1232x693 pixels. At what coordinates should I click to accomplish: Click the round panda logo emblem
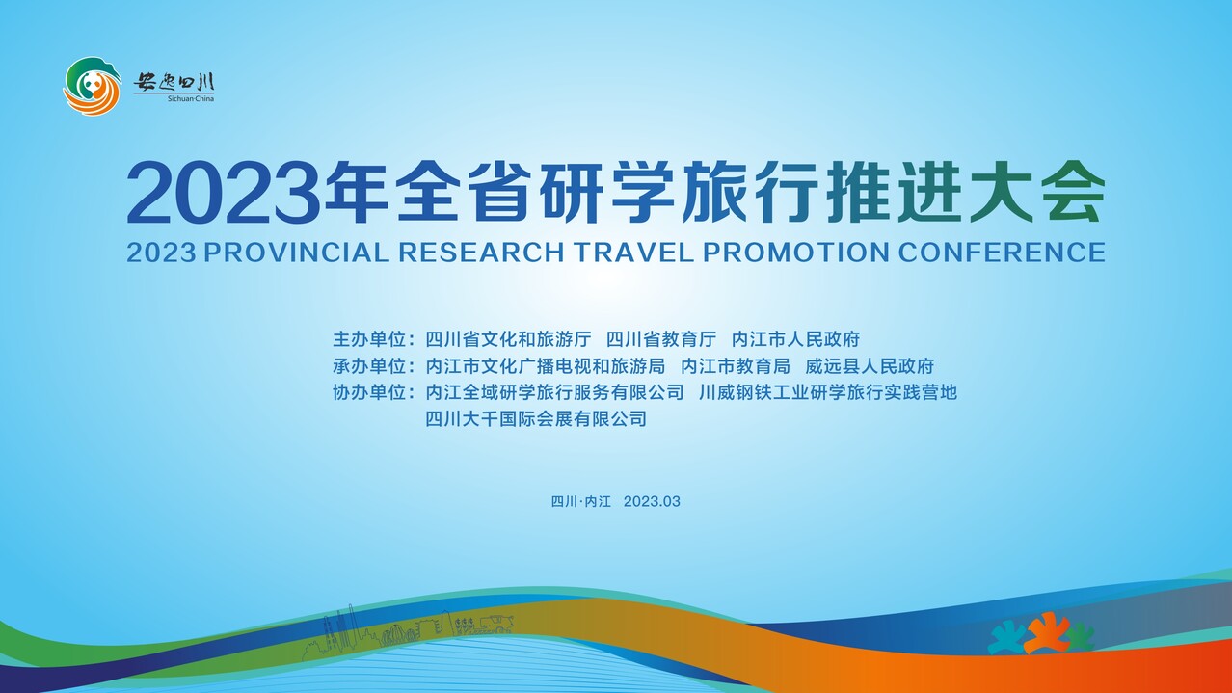[x=92, y=86]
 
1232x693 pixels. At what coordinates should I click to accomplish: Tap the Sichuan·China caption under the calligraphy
[x=191, y=99]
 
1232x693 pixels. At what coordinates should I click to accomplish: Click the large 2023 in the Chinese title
[x=224, y=192]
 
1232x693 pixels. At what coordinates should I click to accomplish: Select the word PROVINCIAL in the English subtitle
[x=297, y=253]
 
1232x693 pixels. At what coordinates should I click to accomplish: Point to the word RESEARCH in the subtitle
[x=481, y=253]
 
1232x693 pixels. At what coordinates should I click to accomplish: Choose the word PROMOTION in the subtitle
[x=796, y=253]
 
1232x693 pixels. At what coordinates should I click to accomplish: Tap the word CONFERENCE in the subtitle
[x=1002, y=253]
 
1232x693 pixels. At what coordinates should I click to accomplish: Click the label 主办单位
[x=369, y=339]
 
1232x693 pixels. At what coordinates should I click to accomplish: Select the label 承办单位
[x=369, y=365]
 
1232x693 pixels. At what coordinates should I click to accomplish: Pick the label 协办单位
[x=369, y=392]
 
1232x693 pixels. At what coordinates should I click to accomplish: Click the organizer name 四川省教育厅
[x=661, y=339]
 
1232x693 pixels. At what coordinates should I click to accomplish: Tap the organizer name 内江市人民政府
[x=795, y=339]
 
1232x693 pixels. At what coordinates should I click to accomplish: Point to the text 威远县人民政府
[x=870, y=365]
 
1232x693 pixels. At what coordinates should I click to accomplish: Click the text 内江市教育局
[x=736, y=365]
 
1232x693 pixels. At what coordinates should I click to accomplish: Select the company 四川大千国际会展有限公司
[x=536, y=418]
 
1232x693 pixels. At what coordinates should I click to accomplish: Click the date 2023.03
[x=652, y=501]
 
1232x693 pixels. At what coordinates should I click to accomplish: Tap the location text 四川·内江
[x=580, y=501]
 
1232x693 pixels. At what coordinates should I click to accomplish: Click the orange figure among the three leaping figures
[x=1046, y=632]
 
